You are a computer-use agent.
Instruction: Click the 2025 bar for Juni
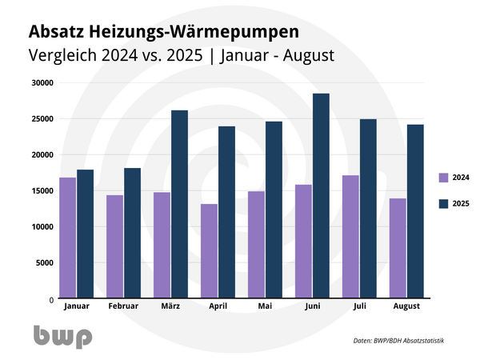[322, 196]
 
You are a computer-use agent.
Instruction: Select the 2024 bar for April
[209, 251]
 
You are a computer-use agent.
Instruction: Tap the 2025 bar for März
[180, 204]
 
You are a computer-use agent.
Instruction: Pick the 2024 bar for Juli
[350, 237]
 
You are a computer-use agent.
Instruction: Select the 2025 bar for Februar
[132, 233]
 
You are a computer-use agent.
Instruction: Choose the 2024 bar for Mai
[256, 245]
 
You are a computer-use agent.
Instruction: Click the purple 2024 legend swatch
[444, 178]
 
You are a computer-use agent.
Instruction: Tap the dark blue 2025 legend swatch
[444, 204]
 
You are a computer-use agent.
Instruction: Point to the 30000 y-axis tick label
[40, 82]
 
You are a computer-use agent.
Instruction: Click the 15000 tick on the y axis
[40, 190]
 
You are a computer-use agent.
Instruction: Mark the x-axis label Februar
[123, 306]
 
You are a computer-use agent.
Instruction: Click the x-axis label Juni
[313, 306]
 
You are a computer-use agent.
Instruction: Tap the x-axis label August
[407, 306]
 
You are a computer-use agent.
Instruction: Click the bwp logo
[62, 337]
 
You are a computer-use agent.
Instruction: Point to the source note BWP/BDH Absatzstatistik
[398, 341]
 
